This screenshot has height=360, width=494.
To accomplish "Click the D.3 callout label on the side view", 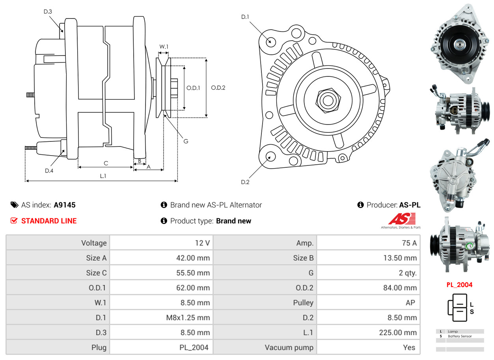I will coord(48,11).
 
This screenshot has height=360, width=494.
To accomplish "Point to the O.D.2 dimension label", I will coord(218,88).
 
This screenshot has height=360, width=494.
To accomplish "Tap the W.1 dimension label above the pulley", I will coord(164,46).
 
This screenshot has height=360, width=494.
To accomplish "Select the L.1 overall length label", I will coord(103,176).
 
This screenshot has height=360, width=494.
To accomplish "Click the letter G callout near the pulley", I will coord(186,141).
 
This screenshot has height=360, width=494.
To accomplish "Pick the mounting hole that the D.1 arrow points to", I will coord(270,41).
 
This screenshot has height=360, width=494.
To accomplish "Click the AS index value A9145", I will coord(65,205).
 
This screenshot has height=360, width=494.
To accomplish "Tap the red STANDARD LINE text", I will coord(49,221).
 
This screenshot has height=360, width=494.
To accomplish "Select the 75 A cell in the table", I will coord(409,243).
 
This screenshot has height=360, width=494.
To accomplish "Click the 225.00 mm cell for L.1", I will coord(398,332).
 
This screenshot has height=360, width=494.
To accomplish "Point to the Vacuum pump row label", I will coord(289,347).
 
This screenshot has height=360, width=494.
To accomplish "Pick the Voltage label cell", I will coord(94,243).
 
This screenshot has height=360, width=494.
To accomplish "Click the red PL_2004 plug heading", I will coord(459,285).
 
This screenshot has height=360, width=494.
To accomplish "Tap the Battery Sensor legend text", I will coord(460,336).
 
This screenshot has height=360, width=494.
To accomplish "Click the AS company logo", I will coord(402,219).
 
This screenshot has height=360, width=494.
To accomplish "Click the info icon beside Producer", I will coord(360,205).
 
